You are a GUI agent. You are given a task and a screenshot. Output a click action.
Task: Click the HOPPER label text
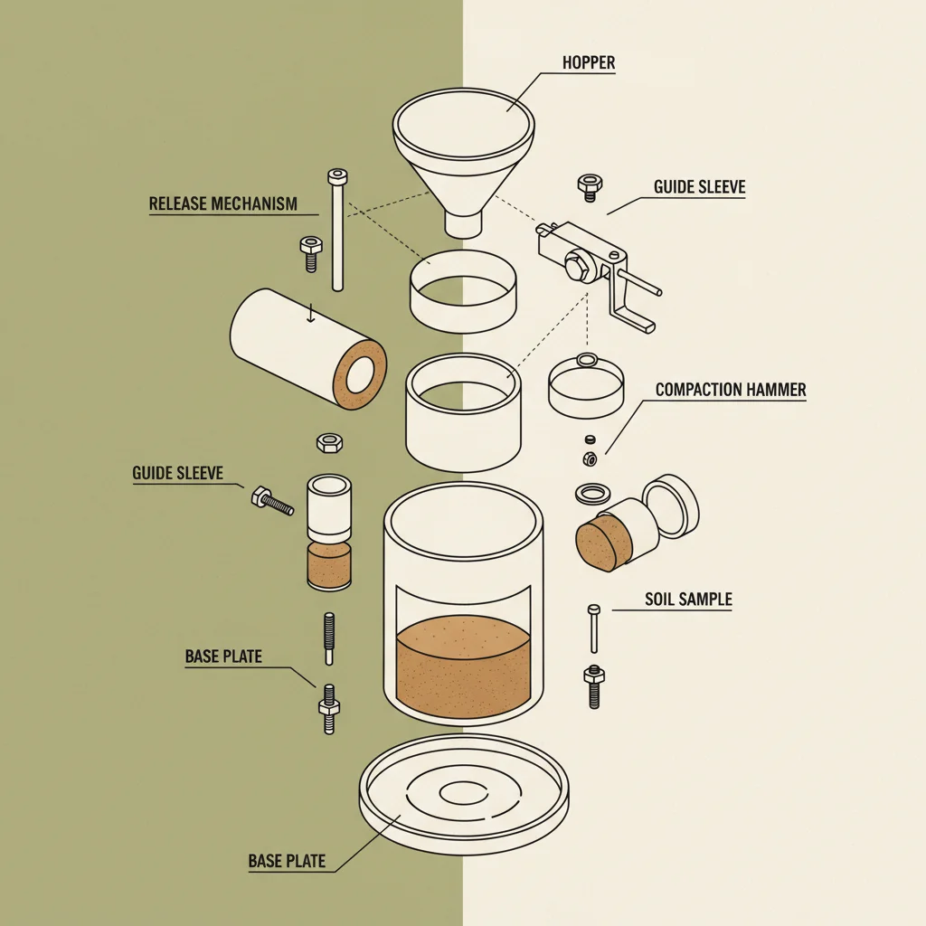tap(588, 62)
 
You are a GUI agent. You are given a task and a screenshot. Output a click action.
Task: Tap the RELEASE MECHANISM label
tap(223, 203)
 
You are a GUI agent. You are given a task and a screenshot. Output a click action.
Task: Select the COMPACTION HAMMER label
tap(731, 390)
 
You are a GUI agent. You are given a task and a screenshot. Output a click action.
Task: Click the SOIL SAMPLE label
tap(688, 600)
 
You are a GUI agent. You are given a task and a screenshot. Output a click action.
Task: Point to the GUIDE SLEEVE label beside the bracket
tap(699, 187)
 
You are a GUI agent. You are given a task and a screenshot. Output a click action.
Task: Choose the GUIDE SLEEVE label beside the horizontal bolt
tap(178, 473)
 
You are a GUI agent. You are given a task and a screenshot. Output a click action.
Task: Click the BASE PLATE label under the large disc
tap(287, 861)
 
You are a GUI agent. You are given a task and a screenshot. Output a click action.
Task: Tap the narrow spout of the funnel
tap(463, 223)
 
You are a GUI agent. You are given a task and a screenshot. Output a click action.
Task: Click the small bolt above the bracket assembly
tap(590, 187)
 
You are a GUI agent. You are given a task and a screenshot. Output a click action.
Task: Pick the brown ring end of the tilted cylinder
tap(360, 375)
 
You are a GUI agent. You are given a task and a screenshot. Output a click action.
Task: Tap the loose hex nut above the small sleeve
tap(329, 443)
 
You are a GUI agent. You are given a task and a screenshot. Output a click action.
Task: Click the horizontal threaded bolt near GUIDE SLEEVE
tap(272, 501)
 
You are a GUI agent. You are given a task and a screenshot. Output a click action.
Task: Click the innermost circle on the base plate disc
tap(464, 793)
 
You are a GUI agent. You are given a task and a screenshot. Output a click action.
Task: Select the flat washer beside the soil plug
tap(592, 493)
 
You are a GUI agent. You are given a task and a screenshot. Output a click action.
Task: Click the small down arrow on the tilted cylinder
tap(311, 313)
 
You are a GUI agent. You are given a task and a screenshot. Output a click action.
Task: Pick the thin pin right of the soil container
tap(593, 628)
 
